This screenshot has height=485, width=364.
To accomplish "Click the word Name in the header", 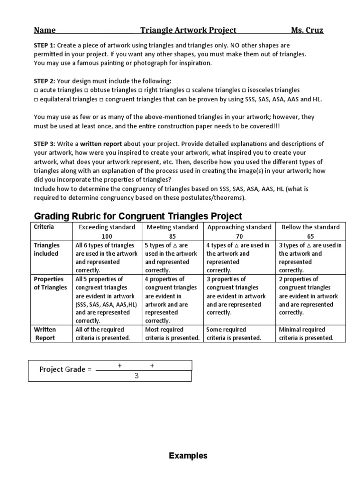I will point(45,31).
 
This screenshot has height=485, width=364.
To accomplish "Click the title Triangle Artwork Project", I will point(188,31).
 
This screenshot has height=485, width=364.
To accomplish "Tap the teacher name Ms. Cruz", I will point(307,31).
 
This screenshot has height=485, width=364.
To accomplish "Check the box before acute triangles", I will point(36,90).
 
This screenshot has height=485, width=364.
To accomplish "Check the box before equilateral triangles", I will point(36,99).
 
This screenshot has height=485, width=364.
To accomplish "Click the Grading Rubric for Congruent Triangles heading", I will point(138,216).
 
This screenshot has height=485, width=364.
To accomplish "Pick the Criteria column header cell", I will point(44,227).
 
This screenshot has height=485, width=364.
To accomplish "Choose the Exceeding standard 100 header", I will point(107,231).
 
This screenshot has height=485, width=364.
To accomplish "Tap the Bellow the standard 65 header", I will point(310,231).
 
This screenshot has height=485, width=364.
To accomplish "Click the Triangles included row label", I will point(46,250).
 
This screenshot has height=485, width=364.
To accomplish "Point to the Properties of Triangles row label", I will point(50,283).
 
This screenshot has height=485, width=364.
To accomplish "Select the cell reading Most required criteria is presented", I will point(172,333).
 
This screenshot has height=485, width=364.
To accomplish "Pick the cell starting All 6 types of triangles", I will point(107,258).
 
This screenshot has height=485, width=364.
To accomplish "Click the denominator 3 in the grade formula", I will point(136,376).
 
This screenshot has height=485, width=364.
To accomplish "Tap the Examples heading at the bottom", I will point(188,456).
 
